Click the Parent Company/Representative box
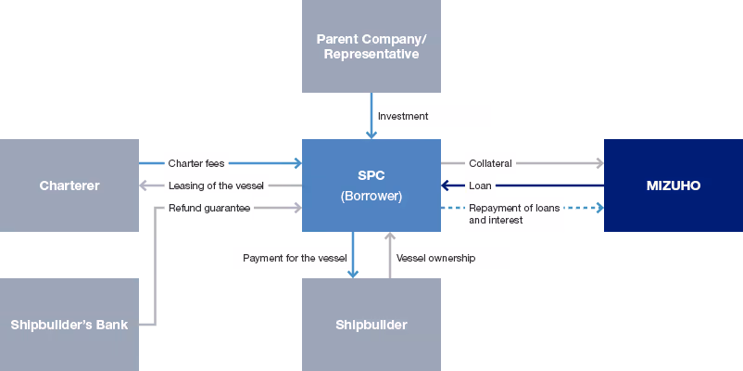pos(371,46)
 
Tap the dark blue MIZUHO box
pos(673,185)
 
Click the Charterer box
pos(69,185)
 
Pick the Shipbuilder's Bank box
pos(69,325)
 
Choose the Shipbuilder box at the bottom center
pos(371,325)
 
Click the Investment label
pos(403,116)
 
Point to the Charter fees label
pos(195,163)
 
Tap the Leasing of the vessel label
pos(216,185)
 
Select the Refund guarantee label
pos(208,209)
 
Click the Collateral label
pos(490,163)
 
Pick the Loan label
pos(480,185)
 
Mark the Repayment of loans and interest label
pos(514,214)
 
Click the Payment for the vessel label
pos(295,258)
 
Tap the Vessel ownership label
pos(435,258)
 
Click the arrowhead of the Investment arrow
pos(371,134)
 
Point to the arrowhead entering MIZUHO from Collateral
pos(598,163)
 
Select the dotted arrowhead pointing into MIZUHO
pos(598,208)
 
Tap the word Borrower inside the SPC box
pos(371,197)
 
